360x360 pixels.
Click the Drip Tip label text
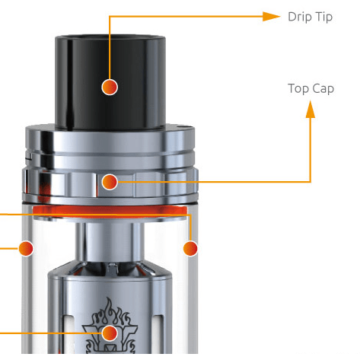point(310,17)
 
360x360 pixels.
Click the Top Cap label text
point(311,88)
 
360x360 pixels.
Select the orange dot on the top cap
point(110,181)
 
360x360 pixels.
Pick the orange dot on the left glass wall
point(27,248)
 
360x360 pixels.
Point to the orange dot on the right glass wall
point(190,248)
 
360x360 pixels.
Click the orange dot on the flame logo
point(110,333)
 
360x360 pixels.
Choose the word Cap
point(323,88)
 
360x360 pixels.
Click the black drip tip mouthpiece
point(110,68)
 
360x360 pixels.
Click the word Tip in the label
point(323,17)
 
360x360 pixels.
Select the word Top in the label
point(298,88)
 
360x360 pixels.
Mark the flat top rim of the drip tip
point(110,34)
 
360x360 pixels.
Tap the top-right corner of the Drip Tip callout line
point(110,16)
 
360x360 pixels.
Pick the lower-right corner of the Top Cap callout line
point(311,181)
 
